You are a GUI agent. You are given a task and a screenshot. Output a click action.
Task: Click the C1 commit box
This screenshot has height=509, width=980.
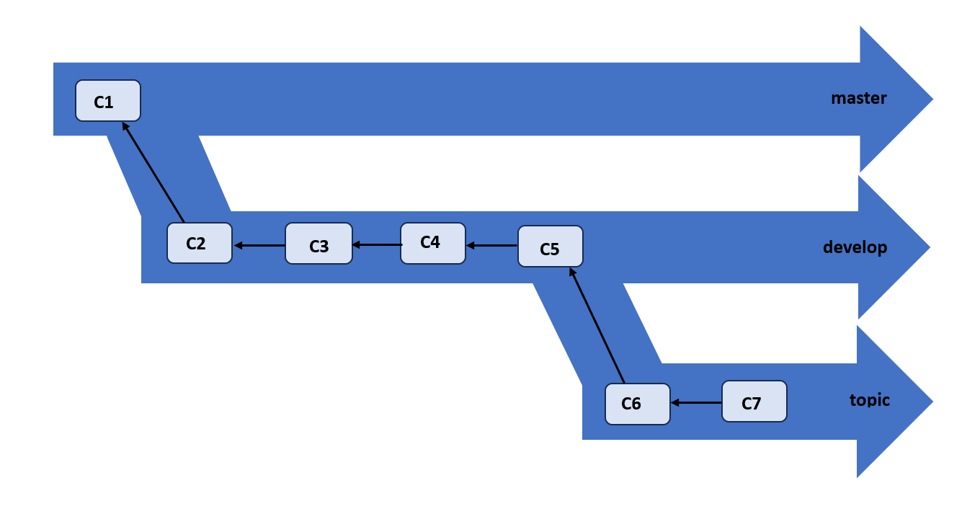108,101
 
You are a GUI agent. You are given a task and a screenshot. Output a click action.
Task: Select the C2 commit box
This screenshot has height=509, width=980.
200,243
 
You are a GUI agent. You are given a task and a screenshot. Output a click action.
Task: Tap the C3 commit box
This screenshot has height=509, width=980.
318,244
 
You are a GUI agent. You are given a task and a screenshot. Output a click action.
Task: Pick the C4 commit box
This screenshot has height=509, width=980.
432,242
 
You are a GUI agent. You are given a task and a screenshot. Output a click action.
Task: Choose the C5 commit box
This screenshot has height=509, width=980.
551,247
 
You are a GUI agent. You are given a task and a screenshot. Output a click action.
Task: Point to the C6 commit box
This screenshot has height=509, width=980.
637,404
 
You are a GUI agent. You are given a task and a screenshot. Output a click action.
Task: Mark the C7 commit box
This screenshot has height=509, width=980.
754,402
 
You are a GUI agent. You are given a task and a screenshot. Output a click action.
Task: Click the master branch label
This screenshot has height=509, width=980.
858,98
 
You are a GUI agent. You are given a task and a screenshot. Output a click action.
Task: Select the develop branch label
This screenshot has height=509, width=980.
855,247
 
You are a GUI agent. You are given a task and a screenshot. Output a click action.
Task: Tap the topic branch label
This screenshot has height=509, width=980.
869,399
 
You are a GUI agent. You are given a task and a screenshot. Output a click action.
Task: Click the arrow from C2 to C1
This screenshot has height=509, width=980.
153,172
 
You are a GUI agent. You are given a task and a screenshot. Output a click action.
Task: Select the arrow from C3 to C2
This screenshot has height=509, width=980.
259,246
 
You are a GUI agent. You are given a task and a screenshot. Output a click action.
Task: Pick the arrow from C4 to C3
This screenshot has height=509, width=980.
376,245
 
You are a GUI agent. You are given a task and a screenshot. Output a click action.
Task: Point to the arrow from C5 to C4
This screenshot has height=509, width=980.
492,246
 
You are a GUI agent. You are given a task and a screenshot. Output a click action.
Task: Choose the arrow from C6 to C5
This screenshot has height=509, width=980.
597,325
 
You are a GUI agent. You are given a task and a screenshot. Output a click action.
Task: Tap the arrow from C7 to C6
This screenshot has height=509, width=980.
696,402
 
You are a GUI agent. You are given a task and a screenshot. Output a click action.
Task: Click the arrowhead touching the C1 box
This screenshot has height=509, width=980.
125,125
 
